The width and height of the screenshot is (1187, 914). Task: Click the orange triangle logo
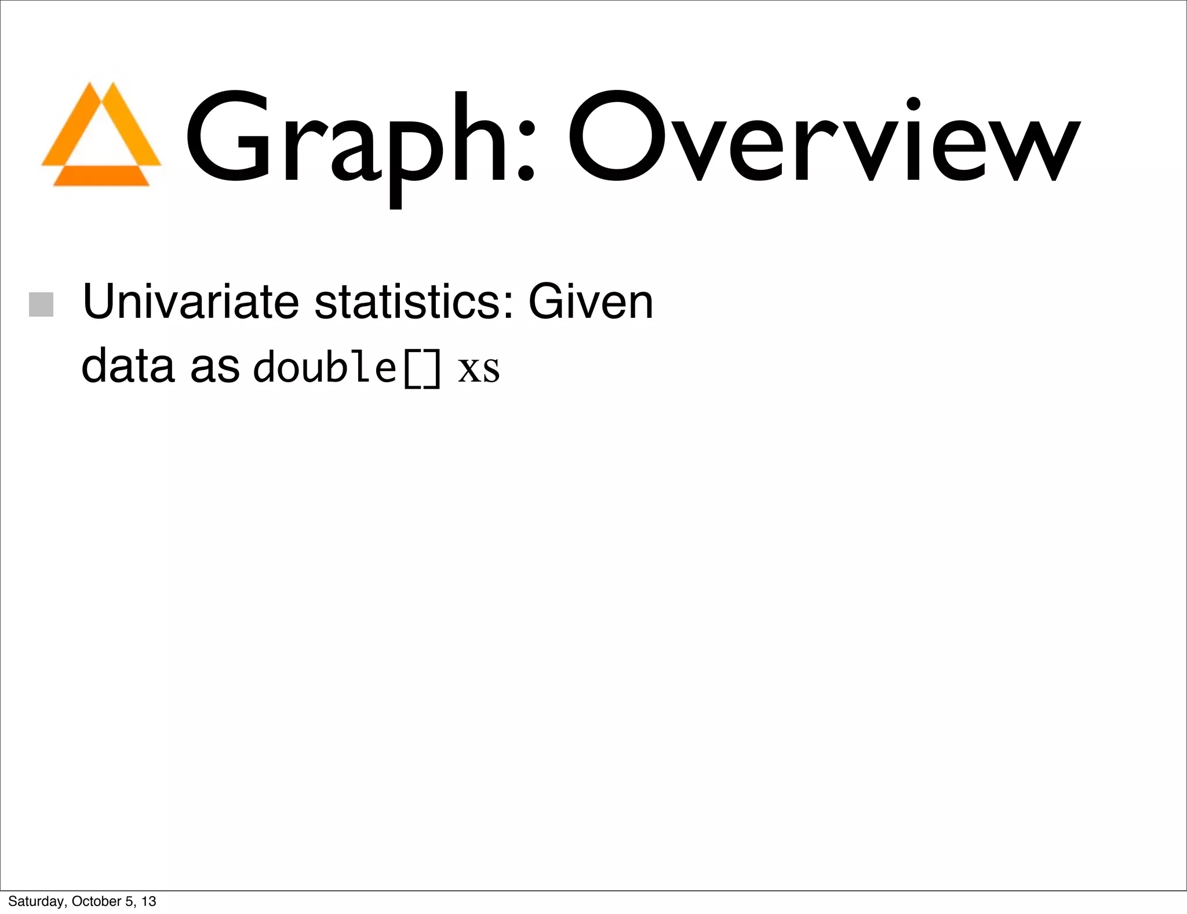tap(101, 135)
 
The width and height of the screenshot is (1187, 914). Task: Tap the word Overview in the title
tap(823, 139)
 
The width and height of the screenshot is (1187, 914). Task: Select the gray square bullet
tap(41, 304)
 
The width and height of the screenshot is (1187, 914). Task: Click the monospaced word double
tap(325, 367)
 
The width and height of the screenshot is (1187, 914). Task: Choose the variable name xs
tap(479, 370)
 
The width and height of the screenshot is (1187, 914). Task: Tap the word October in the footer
tap(97, 901)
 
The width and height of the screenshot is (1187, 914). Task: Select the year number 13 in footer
tap(149, 901)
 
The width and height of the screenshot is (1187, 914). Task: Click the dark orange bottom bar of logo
tap(101, 176)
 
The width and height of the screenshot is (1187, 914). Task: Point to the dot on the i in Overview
tap(913, 104)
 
